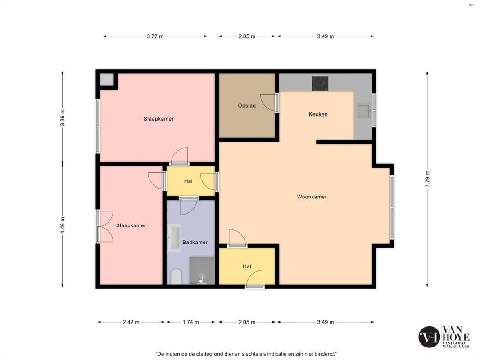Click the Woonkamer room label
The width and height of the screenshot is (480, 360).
(x=312, y=197)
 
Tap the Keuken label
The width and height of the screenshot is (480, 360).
(x=318, y=114)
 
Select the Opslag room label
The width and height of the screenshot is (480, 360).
(x=247, y=106)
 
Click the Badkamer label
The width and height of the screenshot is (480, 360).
(x=195, y=242)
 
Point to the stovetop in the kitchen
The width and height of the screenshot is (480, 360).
(x=320, y=84)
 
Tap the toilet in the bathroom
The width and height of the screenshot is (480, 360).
(x=176, y=276)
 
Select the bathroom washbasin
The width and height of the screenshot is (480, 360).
(x=173, y=238)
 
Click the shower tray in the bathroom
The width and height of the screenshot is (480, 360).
(x=202, y=270)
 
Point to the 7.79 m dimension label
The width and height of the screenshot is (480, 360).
(x=427, y=179)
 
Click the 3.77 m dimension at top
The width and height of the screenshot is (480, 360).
(x=155, y=36)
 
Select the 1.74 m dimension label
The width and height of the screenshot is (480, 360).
(x=191, y=322)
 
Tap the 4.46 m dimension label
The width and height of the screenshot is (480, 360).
(x=63, y=225)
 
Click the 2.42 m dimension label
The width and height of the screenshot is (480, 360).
(x=131, y=322)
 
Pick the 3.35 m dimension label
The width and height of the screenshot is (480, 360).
(x=63, y=118)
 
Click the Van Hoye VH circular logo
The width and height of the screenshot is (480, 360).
(x=429, y=337)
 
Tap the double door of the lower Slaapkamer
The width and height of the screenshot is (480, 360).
(x=105, y=227)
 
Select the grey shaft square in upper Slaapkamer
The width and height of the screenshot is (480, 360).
(x=107, y=80)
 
